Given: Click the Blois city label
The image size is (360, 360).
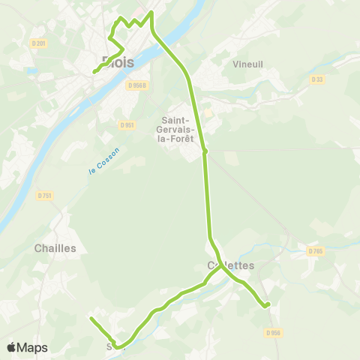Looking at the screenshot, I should click(x=118, y=62).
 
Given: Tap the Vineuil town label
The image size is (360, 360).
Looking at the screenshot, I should click(x=248, y=64).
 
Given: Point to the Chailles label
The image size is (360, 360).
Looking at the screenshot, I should click(x=55, y=247).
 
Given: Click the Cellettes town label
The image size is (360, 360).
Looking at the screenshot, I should click(x=231, y=265).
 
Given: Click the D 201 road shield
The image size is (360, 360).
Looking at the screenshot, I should click(x=39, y=43).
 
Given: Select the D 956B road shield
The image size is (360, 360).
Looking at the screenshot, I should click(x=136, y=86).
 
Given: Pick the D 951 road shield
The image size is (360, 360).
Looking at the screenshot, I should click(x=126, y=124).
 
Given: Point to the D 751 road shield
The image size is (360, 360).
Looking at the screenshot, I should click(x=44, y=196).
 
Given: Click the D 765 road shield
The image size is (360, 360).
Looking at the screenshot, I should click(x=315, y=251).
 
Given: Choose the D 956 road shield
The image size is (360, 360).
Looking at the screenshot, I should click(x=274, y=332).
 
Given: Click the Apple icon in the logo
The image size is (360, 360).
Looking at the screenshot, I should click(x=12, y=347).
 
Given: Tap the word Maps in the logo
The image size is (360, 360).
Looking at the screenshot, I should click(x=33, y=347).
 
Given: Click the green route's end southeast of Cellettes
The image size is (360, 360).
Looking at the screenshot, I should click(x=267, y=304).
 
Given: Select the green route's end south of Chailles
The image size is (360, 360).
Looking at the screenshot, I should click(x=91, y=319).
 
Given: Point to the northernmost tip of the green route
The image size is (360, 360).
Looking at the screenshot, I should click(x=151, y=12).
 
